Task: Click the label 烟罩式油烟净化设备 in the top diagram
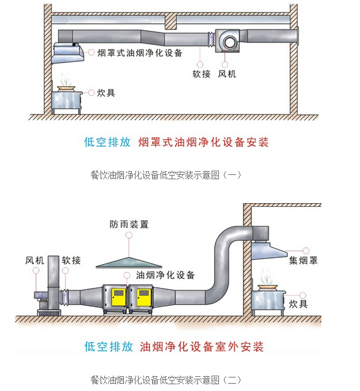(140, 53)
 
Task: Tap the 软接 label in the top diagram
(201, 74)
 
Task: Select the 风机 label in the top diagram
(227, 74)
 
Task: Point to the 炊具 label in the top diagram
(106, 93)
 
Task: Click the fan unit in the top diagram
(228, 41)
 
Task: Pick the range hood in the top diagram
(68, 53)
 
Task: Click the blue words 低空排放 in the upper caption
(107, 142)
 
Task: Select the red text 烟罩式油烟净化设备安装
(203, 142)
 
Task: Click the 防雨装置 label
(129, 224)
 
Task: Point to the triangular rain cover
(129, 263)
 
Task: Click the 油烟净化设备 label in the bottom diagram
(166, 275)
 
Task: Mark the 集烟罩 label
(303, 261)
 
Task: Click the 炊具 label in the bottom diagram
(298, 304)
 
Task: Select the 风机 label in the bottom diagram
(34, 261)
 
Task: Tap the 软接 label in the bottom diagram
(71, 261)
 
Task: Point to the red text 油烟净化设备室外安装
(202, 347)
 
